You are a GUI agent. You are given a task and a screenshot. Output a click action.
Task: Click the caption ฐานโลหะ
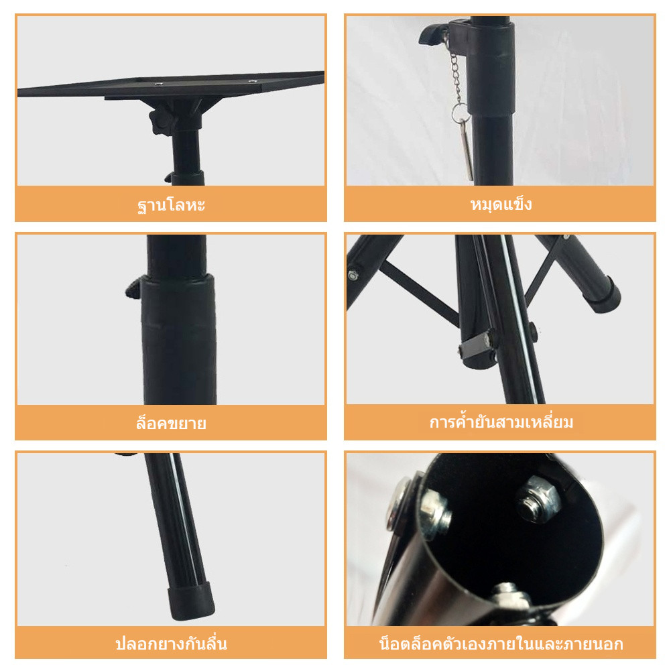171,204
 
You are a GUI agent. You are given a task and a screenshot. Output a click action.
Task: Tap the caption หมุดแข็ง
501,204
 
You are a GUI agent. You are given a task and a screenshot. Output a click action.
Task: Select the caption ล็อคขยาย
171,423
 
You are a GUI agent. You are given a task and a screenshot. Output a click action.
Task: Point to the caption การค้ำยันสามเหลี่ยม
501,422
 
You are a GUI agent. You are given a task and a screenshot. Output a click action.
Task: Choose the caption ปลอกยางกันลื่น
171,644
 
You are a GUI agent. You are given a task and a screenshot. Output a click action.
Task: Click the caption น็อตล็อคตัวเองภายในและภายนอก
501,644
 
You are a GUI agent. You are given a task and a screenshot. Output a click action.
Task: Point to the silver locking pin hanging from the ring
468,149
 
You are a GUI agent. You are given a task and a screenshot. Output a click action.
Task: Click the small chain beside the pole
456,78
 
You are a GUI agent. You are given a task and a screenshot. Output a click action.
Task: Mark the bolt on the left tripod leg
353,275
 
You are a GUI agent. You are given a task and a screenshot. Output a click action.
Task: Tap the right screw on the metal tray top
253,80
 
